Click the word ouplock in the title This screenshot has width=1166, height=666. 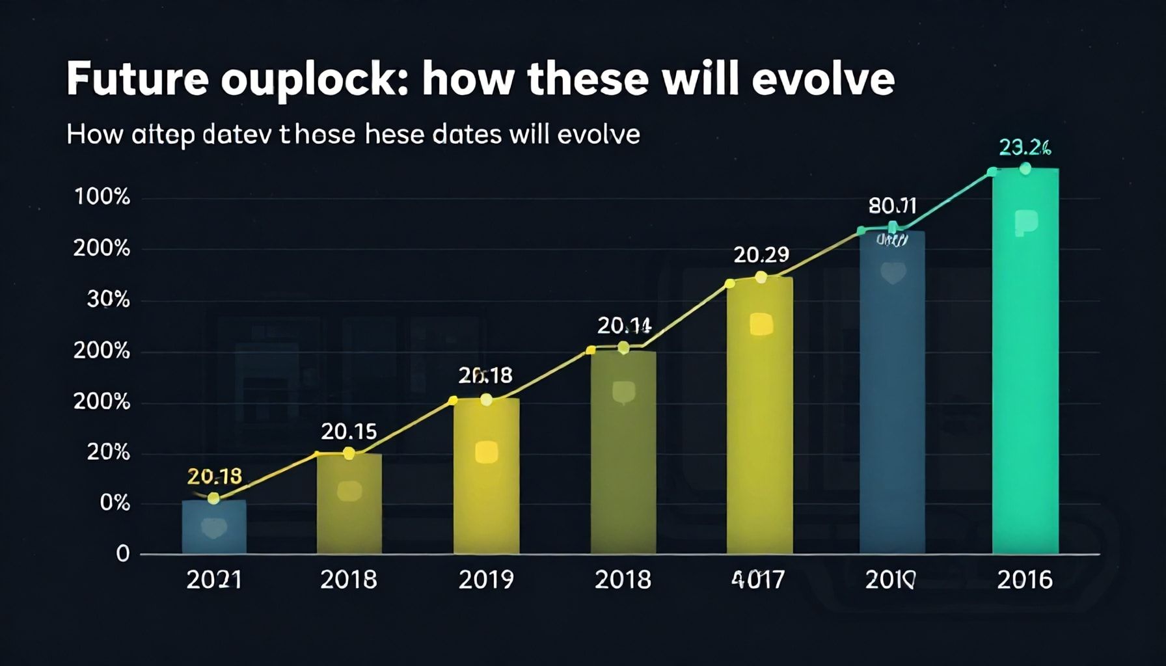tap(314, 79)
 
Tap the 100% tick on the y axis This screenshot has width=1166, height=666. tap(102, 197)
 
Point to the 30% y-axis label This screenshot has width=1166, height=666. tap(108, 300)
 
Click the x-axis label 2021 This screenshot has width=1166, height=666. tap(214, 579)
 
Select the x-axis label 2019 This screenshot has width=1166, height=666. tap(486, 579)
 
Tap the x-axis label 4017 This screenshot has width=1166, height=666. tap(758, 579)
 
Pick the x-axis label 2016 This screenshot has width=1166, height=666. tap(1024, 579)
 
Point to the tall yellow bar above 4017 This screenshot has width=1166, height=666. tap(759, 416)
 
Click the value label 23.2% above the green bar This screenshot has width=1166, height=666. tap(1024, 148)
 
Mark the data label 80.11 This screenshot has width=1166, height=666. tap(892, 206)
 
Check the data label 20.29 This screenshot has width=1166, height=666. tap(761, 255)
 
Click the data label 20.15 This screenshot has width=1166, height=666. tap(349, 431)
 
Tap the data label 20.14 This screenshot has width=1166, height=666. tap(624, 325)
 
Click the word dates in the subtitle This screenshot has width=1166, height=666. tap(467, 135)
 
